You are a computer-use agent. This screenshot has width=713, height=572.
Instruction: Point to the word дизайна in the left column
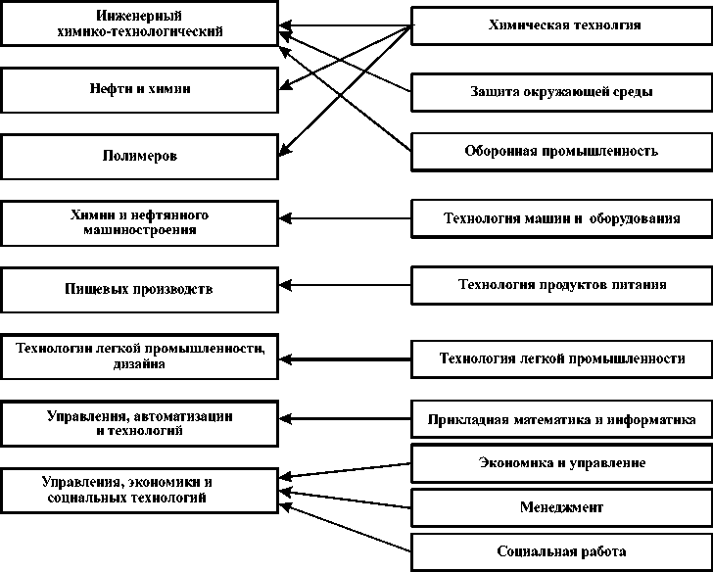point(138,364)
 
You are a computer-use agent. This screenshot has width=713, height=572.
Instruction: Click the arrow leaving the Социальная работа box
point(348,529)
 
